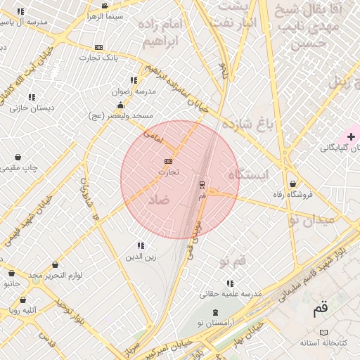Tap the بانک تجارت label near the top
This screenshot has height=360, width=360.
pos(98,57)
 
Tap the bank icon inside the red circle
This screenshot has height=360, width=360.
pos(168,161)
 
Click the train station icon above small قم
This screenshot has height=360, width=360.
pos(202,184)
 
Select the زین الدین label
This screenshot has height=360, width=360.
pos(141,257)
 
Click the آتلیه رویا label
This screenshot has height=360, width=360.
pos(23,309)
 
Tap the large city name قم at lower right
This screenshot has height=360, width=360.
pos(321,309)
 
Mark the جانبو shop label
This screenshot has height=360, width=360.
pos(12,284)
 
